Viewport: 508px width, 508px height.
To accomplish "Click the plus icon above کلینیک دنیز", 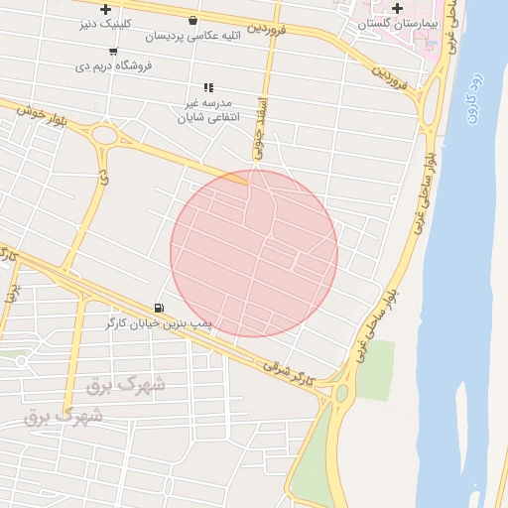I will coord(106,9).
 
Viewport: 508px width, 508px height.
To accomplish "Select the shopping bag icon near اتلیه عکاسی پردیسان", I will coord(191,21).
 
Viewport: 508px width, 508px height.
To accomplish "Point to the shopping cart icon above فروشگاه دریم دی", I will coord(113,51).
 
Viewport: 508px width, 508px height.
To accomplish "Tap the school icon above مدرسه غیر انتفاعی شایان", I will coord(208,88).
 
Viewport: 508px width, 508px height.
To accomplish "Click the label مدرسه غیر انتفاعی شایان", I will coord(208,110).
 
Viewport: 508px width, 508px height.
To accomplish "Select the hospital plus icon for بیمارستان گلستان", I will coord(398,9).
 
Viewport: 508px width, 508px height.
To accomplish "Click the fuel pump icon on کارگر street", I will coord(161,309).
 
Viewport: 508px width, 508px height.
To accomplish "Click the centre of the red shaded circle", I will coord(254,253).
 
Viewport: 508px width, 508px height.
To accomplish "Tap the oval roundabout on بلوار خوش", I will coord(104,134).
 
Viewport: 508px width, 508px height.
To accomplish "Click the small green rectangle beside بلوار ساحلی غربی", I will coord(376,370).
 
